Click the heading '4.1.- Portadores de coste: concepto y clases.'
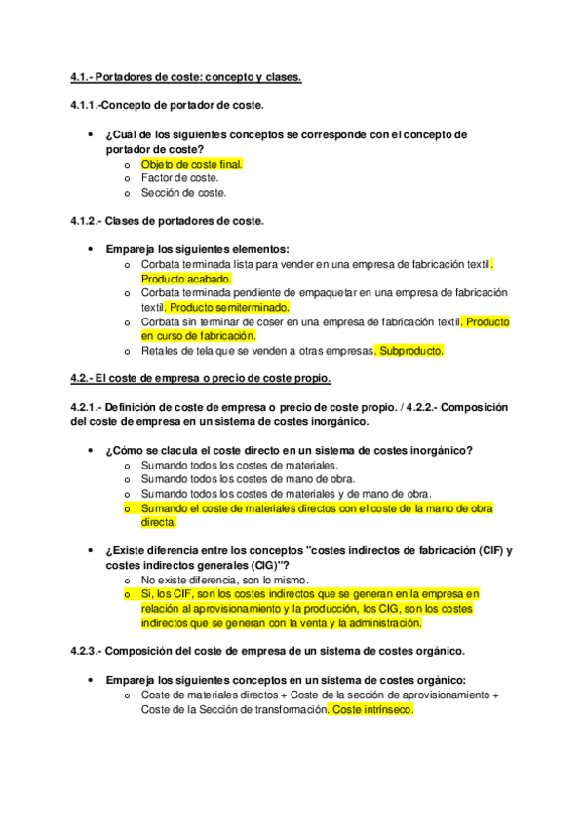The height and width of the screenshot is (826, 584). pyautogui.click(x=186, y=77)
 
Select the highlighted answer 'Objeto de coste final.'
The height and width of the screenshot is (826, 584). pyautogui.click(x=191, y=165)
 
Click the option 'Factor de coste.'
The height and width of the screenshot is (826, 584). pyautogui.click(x=179, y=178)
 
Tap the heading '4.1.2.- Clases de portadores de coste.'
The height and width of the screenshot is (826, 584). pyautogui.click(x=168, y=221)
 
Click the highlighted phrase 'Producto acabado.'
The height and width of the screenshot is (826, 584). pyautogui.click(x=186, y=279)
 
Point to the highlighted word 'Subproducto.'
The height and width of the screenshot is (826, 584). pyautogui.click(x=409, y=350)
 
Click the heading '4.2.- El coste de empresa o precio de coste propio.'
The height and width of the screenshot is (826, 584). pyautogui.click(x=201, y=378)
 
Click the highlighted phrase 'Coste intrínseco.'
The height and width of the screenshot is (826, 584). pyautogui.click(x=371, y=710)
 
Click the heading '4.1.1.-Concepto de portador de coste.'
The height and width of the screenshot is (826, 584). pyautogui.click(x=167, y=105)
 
